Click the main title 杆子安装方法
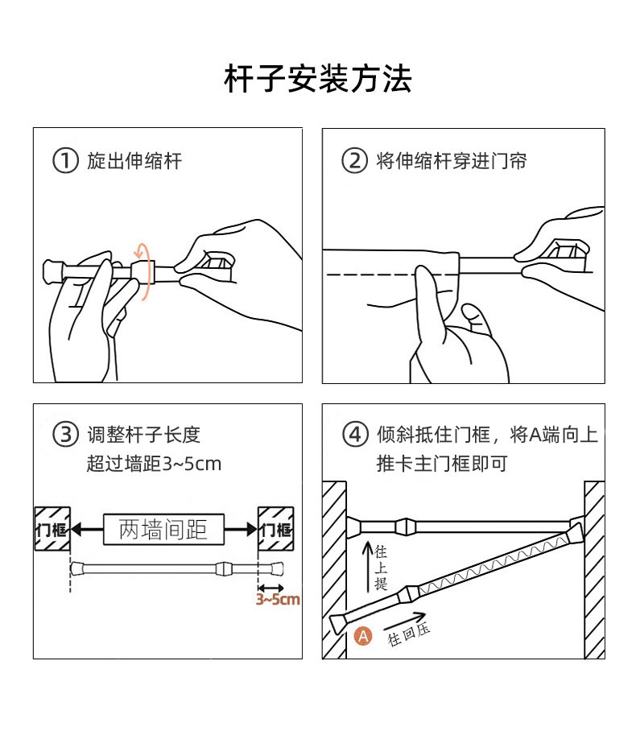318,79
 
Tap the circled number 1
65,160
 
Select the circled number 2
354,160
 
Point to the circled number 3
65,435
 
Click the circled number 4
354,435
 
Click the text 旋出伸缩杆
134,161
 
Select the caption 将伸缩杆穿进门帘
452,161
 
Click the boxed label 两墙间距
163,529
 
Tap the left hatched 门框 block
52,529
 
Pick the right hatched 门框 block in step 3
275,529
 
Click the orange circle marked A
364,635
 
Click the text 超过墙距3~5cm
154,464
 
